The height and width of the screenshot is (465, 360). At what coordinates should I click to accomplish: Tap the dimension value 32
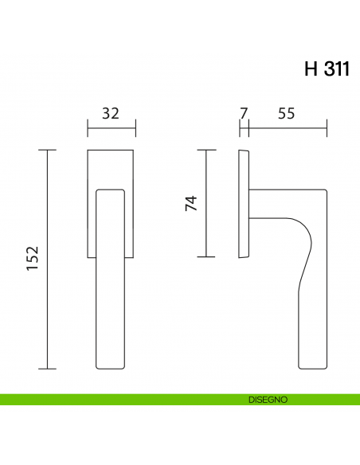point(111,113)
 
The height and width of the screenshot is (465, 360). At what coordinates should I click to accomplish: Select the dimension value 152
point(33,259)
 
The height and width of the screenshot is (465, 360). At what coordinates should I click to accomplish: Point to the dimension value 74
point(190,203)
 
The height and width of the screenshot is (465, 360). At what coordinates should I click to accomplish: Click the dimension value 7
point(244,113)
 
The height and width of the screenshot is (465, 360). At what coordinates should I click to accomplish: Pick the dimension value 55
point(287,113)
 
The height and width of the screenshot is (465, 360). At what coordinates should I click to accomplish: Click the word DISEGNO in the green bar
point(267,399)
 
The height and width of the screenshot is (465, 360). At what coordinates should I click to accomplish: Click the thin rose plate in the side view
point(244,203)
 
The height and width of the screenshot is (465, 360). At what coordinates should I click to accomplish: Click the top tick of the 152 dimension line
point(49,150)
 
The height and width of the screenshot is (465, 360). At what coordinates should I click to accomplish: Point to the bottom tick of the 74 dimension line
point(207,256)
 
